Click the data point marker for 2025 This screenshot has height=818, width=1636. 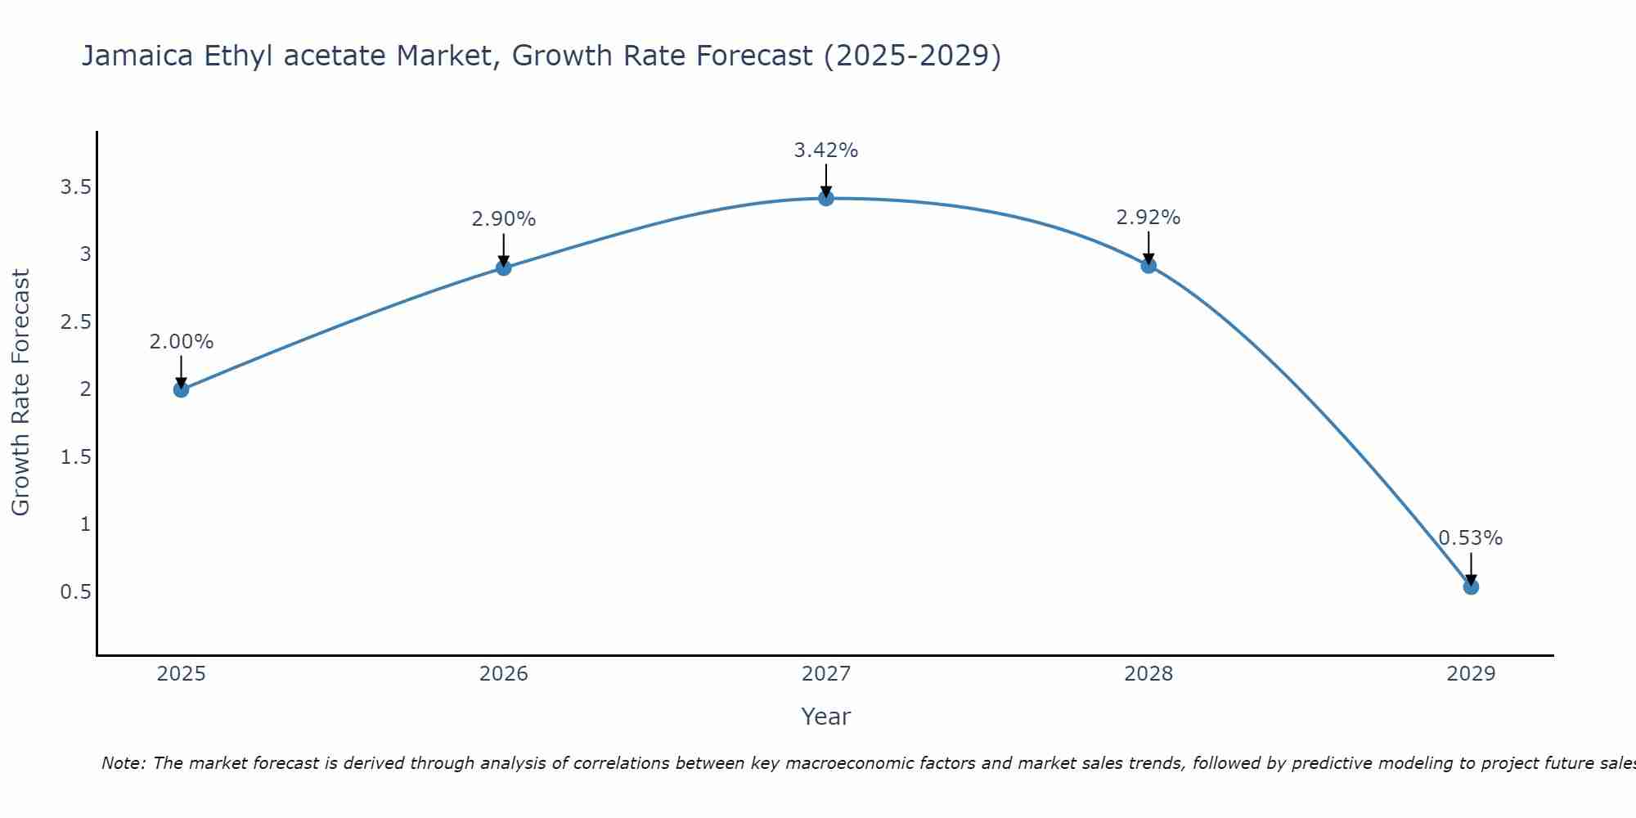click(181, 389)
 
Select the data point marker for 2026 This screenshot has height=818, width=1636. click(504, 267)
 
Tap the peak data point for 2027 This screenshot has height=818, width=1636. click(826, 198)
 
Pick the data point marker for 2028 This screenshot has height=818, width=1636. click(1148, 265)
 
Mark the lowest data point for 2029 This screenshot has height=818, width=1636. click(1471, 587)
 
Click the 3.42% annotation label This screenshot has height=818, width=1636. click(826, 151)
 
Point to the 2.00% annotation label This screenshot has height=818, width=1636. click(181, 342)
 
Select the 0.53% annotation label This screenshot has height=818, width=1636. click(1471, 538)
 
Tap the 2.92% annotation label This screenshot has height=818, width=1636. click(1148, 218)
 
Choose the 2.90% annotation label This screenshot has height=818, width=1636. click(504, 219)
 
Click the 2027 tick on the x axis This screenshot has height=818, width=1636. click(826, 674)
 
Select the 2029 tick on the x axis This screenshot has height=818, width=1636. click(1471, 674)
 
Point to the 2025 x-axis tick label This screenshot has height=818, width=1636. click(181, 674)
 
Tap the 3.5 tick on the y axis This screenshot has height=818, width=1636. click(75, 187)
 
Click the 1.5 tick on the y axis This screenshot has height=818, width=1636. click(75, 456)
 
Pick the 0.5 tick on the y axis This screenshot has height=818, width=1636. click(75, 591)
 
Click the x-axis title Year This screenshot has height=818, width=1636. click(826, 717)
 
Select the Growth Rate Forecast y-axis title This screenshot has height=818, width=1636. click(20, 393)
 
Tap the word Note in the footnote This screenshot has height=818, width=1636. click(123, 763)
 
